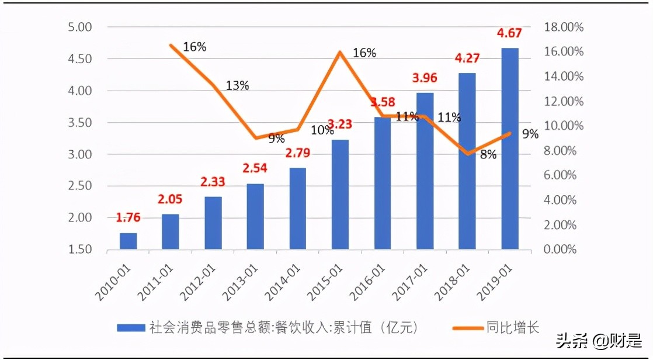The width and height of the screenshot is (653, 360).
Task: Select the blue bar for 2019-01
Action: click(x=509, y=148)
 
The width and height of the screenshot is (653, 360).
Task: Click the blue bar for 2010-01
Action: click(x=128, y=241)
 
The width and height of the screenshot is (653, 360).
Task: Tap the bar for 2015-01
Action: click(x=340, y=195)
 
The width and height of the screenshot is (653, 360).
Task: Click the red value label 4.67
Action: click(x=509, y=33)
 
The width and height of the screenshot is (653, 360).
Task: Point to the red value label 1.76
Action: click(x=128, y=218)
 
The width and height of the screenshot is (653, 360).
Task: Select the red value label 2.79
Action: click(x=297, y=154)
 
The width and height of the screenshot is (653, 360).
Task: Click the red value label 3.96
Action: click(x=424, y=78)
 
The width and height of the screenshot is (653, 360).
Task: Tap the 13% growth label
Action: click(x=237, y=86)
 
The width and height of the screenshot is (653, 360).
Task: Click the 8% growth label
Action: click(x=488, y=155)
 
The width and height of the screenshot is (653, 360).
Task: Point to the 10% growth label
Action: click(x=322, y=130)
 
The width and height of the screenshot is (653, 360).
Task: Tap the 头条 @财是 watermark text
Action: click(x=599, y=340)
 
